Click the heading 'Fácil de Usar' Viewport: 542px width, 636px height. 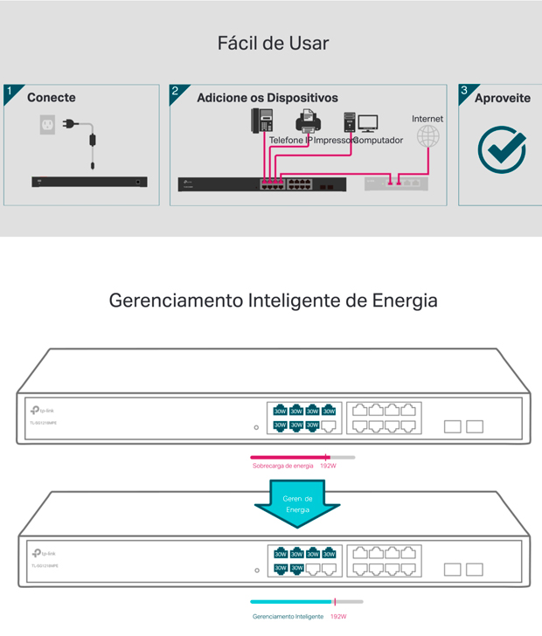coord(273,43)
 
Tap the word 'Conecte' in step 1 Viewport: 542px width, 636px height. coord(52,98)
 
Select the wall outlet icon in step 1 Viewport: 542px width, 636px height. coord(48,126)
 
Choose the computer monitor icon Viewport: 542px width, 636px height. coord(368,124)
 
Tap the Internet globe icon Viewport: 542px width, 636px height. coord(427,136)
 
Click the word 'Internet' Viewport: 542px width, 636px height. coord(427,118)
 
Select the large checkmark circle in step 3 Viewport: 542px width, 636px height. coord(502,149)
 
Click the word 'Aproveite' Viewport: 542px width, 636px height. coord(503,98)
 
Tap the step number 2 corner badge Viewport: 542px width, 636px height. coord(177,92)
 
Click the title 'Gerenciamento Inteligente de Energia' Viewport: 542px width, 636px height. coord(273,301)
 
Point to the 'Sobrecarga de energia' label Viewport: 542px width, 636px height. coord(283,467)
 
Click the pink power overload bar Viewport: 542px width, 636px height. coord(288,457)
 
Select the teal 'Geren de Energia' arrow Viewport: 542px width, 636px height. coord(297,504)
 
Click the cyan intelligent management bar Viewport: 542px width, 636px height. coord(291,602)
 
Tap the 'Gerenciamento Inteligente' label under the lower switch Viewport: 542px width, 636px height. coord(288,616)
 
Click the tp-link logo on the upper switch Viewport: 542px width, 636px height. coord(43,410)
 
